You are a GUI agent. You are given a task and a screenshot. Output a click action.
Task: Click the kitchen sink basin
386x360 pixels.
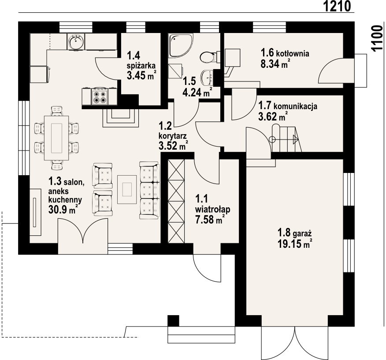click(x=76, y=42)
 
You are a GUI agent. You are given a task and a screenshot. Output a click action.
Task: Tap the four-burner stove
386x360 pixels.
click(x=100, y=97)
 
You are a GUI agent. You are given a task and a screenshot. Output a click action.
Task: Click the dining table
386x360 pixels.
click(x=56, y=138)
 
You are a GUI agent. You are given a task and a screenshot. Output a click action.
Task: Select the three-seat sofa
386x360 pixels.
click(x=149, y=190)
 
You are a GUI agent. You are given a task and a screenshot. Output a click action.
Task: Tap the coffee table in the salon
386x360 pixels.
click(x=127, y=189)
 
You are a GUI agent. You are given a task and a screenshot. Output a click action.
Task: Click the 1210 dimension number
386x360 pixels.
click(x=337, y=6)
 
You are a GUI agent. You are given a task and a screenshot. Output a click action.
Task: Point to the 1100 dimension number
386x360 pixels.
click(x=378, y=38)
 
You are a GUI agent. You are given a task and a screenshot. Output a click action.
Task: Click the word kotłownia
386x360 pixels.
click(x=293, y=53)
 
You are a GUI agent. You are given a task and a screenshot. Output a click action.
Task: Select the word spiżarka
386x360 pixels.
click(x=141, y=66)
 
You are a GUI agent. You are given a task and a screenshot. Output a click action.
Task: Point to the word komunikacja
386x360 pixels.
click(x=295, y=107)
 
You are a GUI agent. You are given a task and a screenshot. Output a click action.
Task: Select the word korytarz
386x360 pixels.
click(x=173, y=136)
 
